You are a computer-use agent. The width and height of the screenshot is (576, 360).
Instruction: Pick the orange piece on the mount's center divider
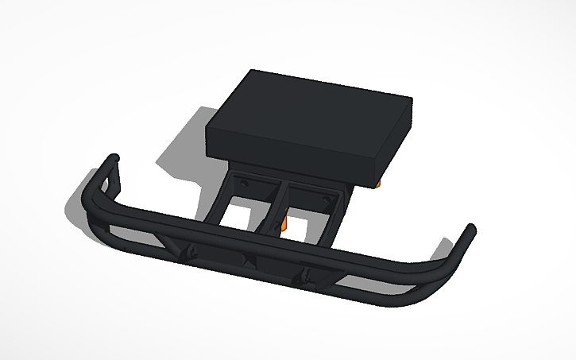pyautogui.click(x=284, y=225)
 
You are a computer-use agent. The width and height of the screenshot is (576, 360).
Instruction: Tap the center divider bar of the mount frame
pyautogui.click(x=275, y=207)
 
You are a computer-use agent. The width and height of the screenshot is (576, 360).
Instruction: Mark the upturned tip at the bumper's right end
pyautogui.click(x=470, y=233)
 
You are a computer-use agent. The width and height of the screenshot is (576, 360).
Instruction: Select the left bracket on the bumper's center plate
pyautogui.click(x=191, y=253)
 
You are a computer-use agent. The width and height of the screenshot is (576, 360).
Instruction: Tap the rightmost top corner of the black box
pyautogui.click(x=411, y=100)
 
